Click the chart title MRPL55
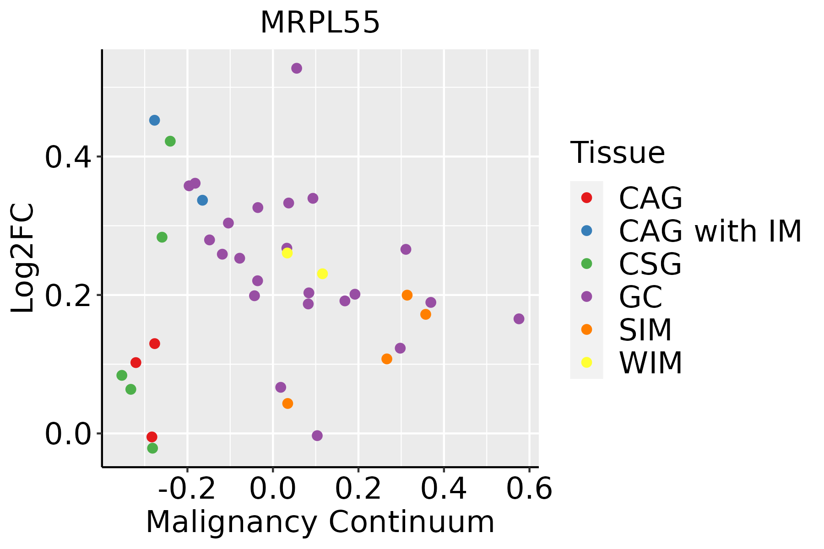click(x=320, y=22)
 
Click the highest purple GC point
click(x=297, y=68)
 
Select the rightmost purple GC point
click(x=519, y=319)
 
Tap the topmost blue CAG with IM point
click(x=154, y=120)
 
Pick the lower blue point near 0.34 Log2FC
click(x=202, y=200)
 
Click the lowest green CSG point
click(x=152, y=448)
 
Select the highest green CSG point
click(x=170, y=141)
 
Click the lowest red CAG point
click(x=152, y=437)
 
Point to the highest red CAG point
click(x=155, y=344)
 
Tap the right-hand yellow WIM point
click(x=322, y=274)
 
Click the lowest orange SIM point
click(x=287, y=404)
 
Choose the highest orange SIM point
click(x=407, y=295)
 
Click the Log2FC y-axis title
click(x=23, y=258)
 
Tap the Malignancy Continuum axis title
click(x=320, y=522)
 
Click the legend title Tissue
click(x=618, y=153)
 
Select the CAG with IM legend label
click(x=710, y=231)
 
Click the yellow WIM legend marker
click(x=586, y=362)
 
